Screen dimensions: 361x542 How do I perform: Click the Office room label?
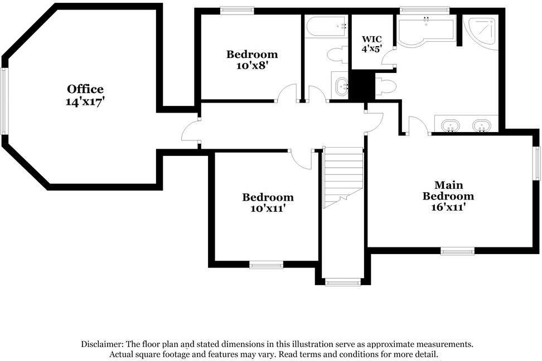pos(85,89)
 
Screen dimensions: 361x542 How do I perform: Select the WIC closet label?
pos(372,39)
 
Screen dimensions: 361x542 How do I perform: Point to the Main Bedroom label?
pos(448,190)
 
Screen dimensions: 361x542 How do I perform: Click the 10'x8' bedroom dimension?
pos(251,65)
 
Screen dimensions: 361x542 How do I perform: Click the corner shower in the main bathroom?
pos(482,32)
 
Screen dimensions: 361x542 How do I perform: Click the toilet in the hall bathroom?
pos(336,55)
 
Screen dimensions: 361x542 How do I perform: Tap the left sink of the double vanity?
pos(449,125)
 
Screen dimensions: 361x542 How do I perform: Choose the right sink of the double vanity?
pos(481,125)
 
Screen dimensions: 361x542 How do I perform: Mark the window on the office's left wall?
pos(4,101)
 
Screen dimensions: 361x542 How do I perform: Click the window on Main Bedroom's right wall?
pos(538,163)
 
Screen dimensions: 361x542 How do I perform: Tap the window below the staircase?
pos(343,282)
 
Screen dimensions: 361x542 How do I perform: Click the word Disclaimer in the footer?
pos(103,344)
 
